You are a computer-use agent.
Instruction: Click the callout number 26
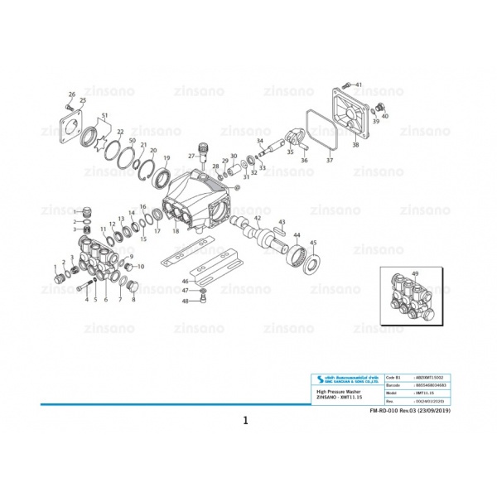tap(72, 94)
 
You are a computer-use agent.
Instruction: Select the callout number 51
tap(104, 114)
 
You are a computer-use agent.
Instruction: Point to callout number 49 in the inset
tap(415, 273)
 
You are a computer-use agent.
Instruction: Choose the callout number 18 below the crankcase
tap(175, 231)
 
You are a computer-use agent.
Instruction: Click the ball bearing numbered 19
tap(162, 177)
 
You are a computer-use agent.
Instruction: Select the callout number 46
tap(185, 282)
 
